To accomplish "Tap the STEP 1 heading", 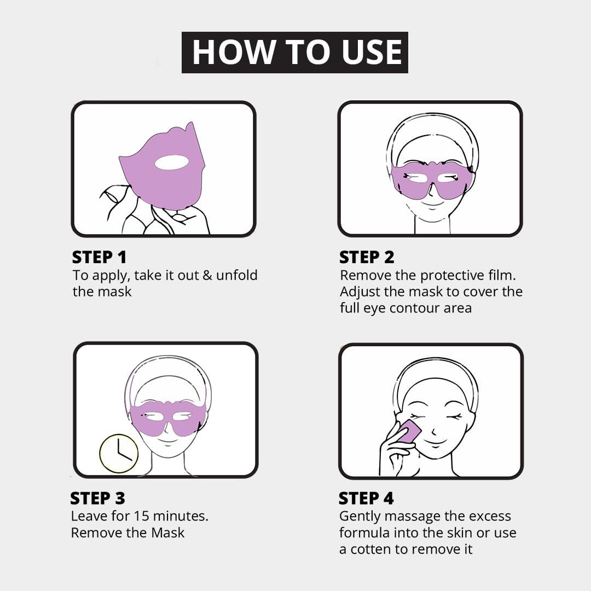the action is click(100, 257).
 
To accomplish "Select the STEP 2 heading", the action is click(367, 257).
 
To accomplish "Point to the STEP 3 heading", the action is click(98, 499).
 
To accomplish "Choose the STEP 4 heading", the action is click(366, 499).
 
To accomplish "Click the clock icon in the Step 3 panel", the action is click(119, 454).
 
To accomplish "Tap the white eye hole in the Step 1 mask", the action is click(171, 162).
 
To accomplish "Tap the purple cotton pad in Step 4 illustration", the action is click(408, 432).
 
